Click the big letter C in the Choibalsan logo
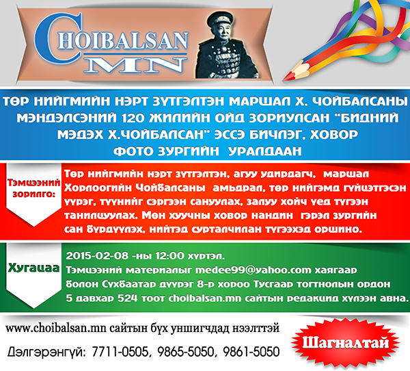tap(47, 38)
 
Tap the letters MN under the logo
tap(135, 64)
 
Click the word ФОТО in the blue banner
tap(133, 151)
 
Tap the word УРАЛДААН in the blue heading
tap(265, 151)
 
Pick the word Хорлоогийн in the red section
tap(98, 188)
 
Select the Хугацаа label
tap(34, 268)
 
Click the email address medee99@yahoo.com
tap(254, 270)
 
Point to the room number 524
tap(127, 298)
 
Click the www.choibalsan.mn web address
tap(56, 329)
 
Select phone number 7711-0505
tap(122, 352)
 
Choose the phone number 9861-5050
tap(251, 352)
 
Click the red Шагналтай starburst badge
tap(345, 343)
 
